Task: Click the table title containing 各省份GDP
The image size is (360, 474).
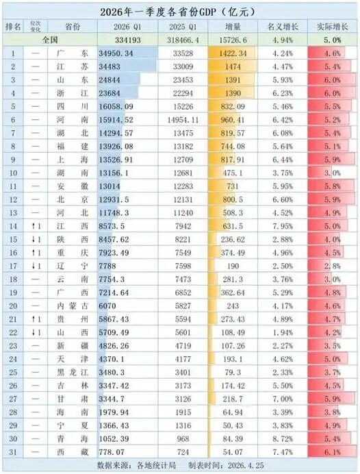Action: point(179,11)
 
